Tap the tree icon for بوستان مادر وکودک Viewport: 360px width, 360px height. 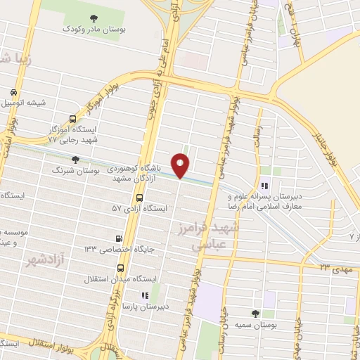[94, 18]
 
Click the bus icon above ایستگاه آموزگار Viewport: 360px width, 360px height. [72, 120]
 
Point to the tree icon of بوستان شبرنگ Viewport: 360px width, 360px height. [75, 160]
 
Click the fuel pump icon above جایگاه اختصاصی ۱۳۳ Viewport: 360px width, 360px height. [118, 238]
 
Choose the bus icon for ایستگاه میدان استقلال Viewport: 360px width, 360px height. [120, 268]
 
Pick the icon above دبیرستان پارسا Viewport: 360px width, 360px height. [144, 297]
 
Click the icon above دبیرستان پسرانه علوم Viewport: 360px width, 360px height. [264, 186]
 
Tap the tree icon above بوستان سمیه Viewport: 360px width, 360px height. [255, 313]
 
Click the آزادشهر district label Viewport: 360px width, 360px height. [41, 261]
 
